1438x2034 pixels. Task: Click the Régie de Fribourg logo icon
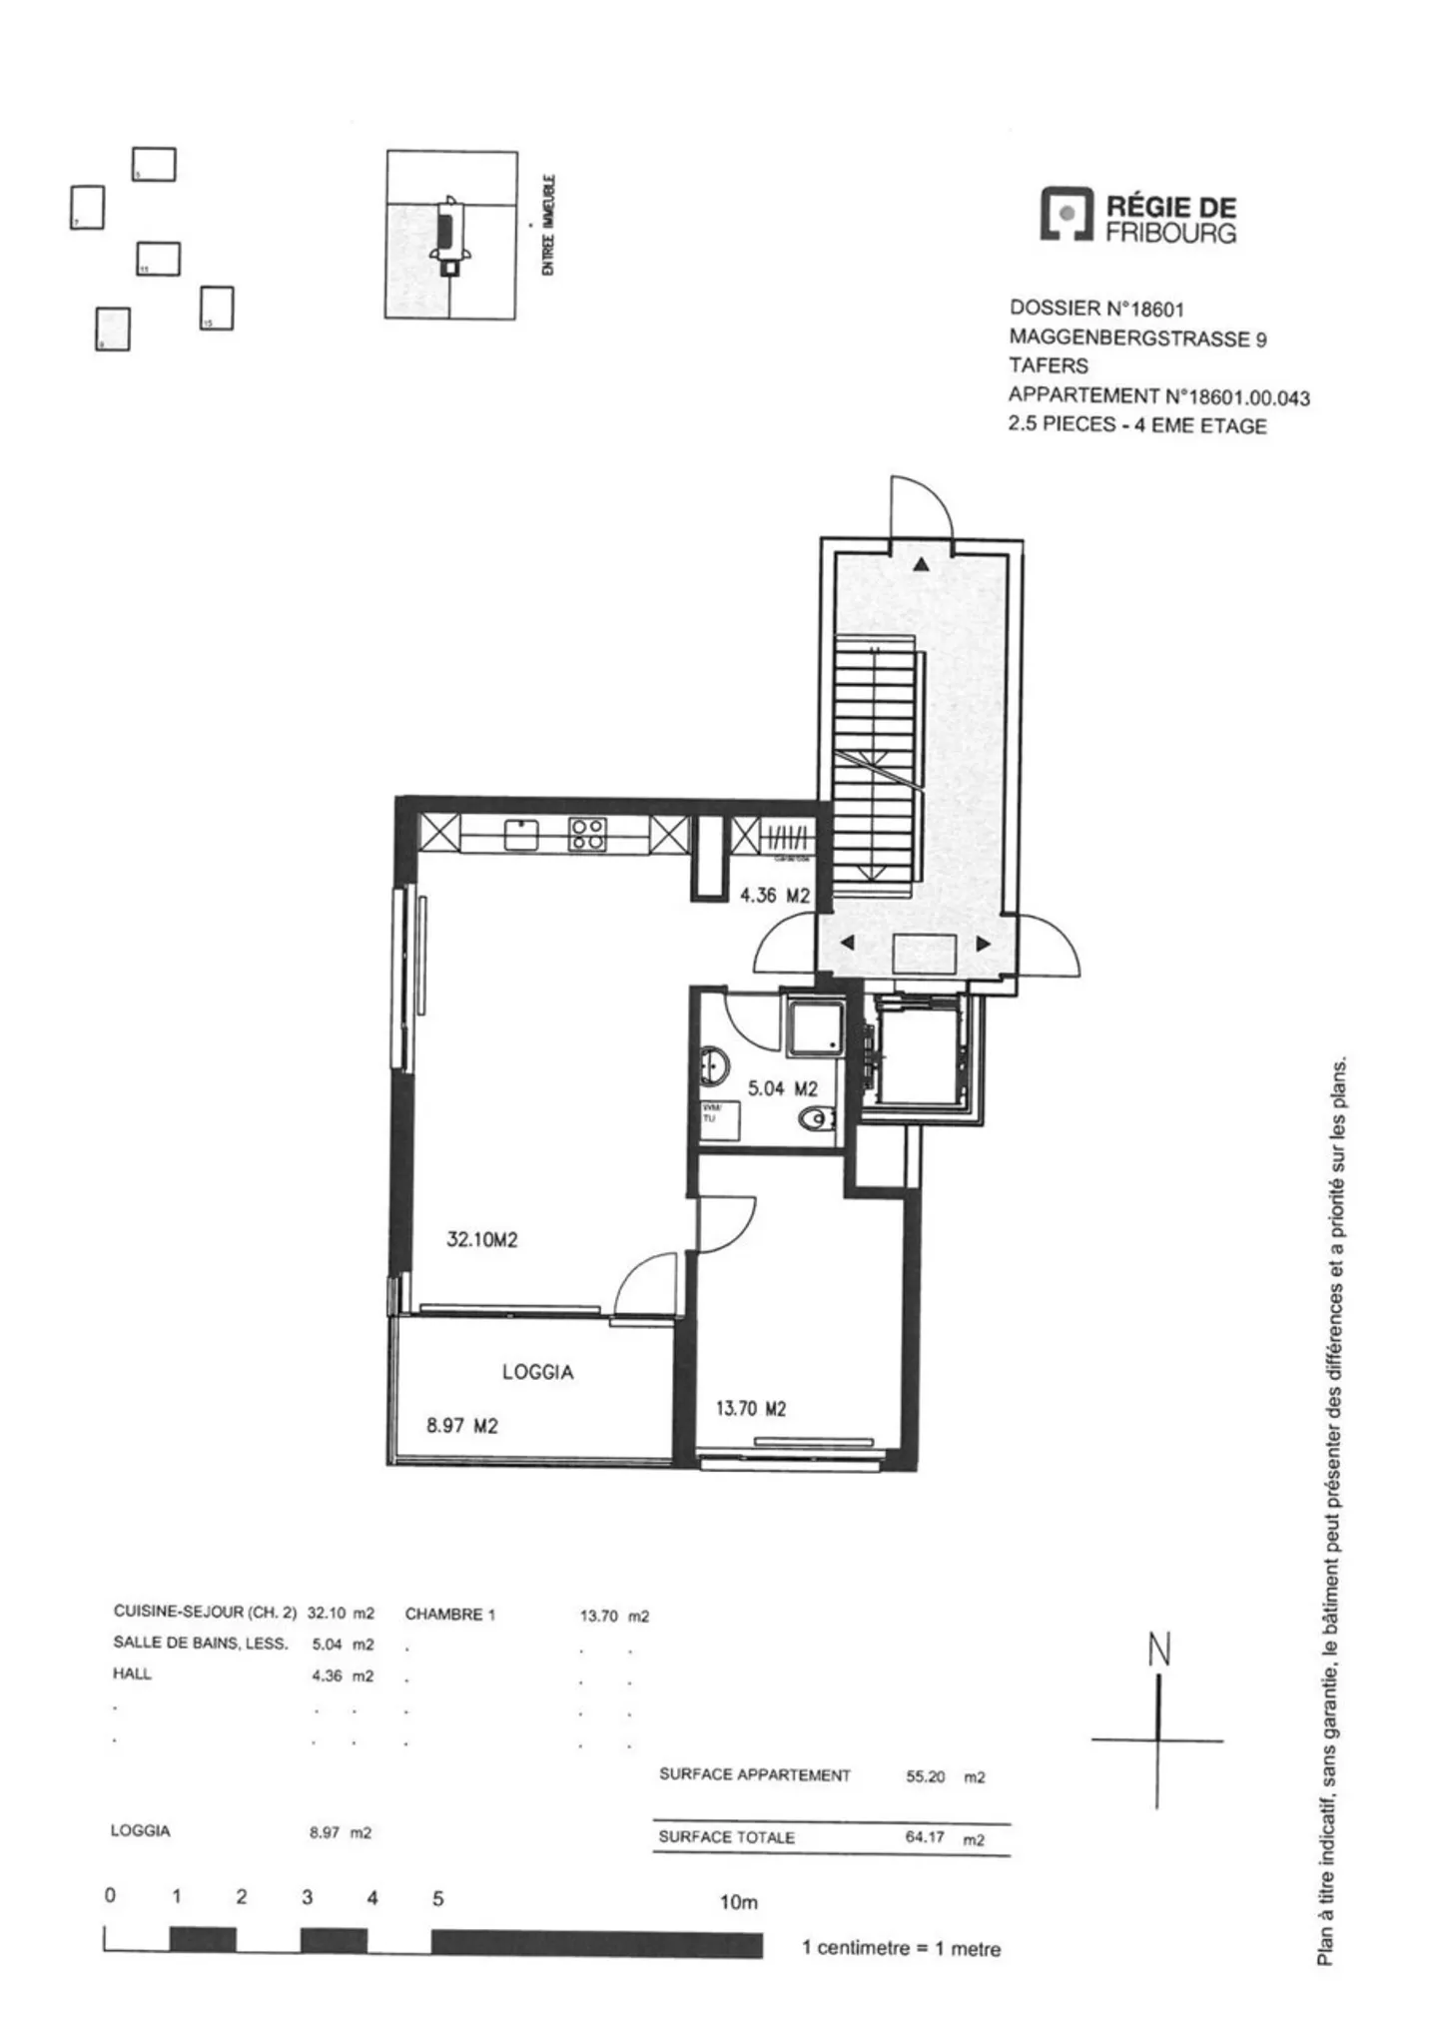(1067, 215)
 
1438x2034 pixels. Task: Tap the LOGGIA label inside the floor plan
(537, 1372)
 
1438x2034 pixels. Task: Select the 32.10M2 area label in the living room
(481, 1240)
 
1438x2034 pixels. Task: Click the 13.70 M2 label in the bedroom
(750, 1409)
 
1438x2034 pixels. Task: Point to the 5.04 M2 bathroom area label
(782, 1088)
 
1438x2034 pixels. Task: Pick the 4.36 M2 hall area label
(774, 896)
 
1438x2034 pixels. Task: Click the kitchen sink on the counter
(520, 834)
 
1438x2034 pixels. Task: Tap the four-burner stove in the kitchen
(586, 834)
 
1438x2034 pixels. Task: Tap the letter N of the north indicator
(1158, 1651)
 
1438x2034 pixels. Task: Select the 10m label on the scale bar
(739, 1903)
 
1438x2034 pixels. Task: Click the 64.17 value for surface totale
(925, 1836)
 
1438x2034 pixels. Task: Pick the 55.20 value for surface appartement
(925, 1777)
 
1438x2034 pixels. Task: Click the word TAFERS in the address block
(1048, 365)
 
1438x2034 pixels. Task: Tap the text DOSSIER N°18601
(1095, 309)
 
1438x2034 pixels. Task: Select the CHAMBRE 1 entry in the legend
(449, 1615)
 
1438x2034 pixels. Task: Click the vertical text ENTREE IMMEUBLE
(547, 226)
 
